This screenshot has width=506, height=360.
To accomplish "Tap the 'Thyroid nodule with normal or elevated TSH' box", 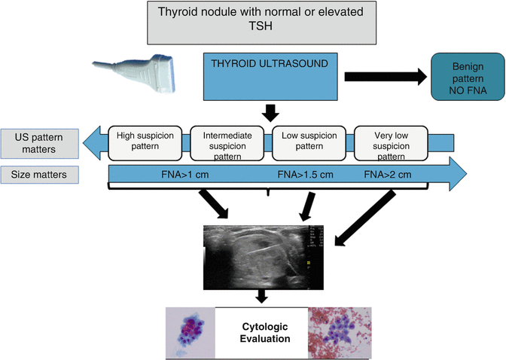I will (x=264, y=21).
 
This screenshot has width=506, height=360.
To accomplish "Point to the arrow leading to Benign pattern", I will (x=384, y=76).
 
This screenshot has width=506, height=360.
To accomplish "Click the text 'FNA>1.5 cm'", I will (x=305, y=175).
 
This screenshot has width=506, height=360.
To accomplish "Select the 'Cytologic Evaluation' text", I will (x=264, y=333).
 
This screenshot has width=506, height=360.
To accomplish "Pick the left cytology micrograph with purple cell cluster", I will (x=191, y=333).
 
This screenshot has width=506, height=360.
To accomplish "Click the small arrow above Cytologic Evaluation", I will (x=262, y=297).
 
